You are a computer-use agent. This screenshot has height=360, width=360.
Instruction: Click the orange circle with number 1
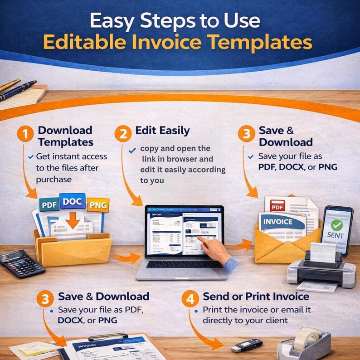tap(26, 136)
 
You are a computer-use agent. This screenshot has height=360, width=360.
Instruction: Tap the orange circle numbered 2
tap(123, 135)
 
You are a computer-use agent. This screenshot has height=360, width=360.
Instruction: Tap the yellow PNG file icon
tap(97, 205)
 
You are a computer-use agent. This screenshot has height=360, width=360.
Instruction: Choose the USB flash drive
tap(247, 345)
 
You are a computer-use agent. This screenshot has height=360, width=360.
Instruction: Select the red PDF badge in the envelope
tap(277, 207)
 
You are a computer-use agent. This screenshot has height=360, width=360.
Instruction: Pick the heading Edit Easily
tap(162, 131)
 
